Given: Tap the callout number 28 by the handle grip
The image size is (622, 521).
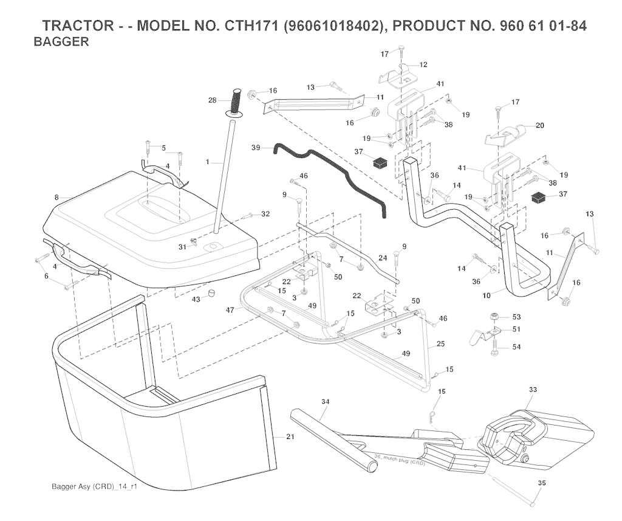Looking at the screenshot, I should click(212, 100).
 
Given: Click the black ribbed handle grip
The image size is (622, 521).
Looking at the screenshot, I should click(236, 98).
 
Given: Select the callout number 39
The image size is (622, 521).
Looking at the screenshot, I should click(256, 148).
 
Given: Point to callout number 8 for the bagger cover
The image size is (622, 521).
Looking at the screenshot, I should click(56, 198).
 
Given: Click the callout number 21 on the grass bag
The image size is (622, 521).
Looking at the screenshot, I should click(289, 437).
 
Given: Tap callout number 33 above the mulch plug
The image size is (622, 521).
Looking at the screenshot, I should click(533, 388).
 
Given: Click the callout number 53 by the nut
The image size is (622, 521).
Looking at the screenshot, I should click(517, 317).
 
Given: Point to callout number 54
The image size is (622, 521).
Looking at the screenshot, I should click(517, 347).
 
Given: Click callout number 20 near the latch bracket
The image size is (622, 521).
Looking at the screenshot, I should click(539, 125).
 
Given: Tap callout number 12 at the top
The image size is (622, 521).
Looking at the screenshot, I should click(423, 64).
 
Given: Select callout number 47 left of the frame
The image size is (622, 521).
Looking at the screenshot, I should click(231, 310).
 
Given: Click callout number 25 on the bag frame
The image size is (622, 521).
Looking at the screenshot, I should click(440, 345).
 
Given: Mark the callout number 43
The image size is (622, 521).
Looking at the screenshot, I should click(196, 298).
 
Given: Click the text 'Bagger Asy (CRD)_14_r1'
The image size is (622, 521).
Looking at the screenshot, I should click(94, 488).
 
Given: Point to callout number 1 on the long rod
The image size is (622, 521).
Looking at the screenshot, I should click(207, 162).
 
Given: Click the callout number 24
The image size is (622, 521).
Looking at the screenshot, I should click(382, 258).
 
